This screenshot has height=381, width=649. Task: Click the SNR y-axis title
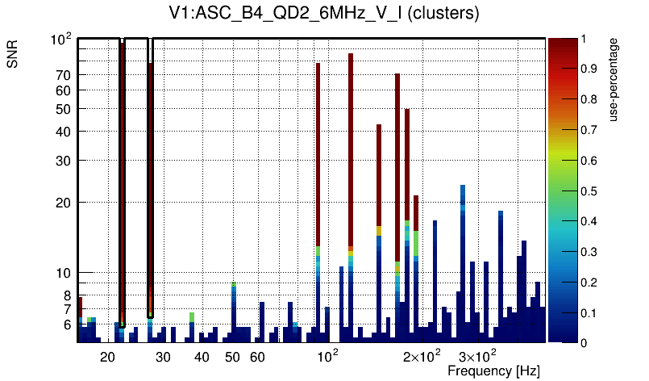click(13, 57)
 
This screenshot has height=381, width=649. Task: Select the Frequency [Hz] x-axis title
click(493, 371)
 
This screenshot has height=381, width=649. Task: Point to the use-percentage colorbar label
click(614, 80)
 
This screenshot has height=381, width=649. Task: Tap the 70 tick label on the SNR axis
click(63, 75)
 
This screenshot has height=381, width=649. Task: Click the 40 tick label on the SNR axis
click(63, 132)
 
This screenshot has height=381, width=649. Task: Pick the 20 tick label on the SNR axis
click(63, 203)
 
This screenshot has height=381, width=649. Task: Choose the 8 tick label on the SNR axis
click(67, 295)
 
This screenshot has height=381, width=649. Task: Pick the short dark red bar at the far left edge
click(80, 307)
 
